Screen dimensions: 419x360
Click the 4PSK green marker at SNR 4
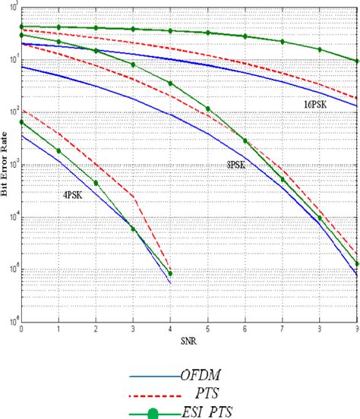pos(170,273)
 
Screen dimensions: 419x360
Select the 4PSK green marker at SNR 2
pos(96,183)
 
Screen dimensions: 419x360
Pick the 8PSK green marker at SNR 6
pos(245,140)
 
